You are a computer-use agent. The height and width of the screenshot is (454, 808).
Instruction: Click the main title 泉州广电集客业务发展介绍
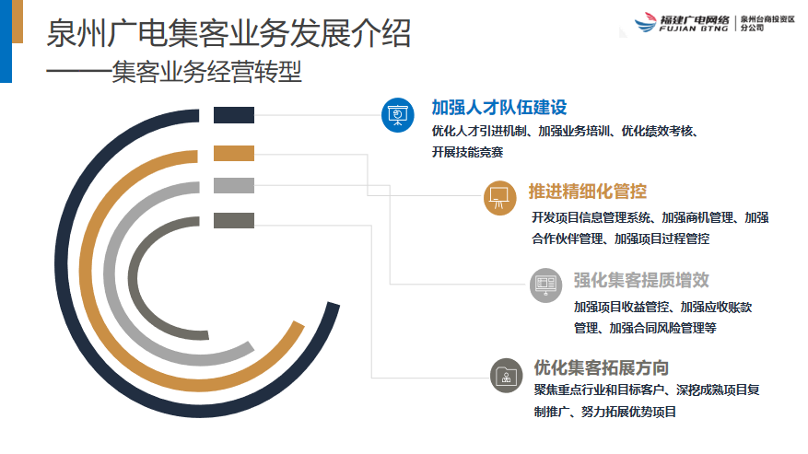click(228, 33)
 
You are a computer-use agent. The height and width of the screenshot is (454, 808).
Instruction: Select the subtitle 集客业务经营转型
click(206, 71)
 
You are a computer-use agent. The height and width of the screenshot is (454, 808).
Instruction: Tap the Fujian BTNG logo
click(714, 23)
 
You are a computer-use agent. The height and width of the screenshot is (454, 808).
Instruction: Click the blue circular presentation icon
click(398, 115)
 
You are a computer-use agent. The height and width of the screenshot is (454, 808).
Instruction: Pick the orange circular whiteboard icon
click(500, 198)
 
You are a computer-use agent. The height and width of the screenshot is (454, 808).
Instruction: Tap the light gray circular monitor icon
click(545, 285)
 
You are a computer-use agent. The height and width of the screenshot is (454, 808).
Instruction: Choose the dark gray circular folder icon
click(507, 375)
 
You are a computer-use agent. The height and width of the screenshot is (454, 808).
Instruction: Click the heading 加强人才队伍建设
click(499, 107)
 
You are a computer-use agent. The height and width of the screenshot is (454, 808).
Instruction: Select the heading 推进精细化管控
click(588, 192)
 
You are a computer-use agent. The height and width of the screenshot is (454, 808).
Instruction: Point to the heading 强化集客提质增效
click(641, 280)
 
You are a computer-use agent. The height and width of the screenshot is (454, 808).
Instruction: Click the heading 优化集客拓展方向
click(602, 368)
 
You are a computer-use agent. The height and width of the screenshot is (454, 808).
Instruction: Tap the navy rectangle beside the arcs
click(234, 115)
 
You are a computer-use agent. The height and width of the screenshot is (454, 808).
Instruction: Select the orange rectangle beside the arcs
click(234, 153)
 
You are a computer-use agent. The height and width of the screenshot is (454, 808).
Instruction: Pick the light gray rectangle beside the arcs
click(234, 185)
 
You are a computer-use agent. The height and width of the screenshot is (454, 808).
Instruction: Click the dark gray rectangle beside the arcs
click(234, 220)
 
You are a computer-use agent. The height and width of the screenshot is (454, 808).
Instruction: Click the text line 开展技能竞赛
click(467, 152)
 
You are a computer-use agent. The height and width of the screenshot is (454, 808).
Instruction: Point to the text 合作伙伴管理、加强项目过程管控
click(621, 239)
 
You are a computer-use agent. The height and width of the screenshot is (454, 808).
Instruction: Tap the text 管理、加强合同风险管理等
click(645, 328)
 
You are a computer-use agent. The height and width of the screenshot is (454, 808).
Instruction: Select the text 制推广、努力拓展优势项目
click(605, 412)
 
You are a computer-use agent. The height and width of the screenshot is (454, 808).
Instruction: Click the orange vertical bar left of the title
click(18, 22)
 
